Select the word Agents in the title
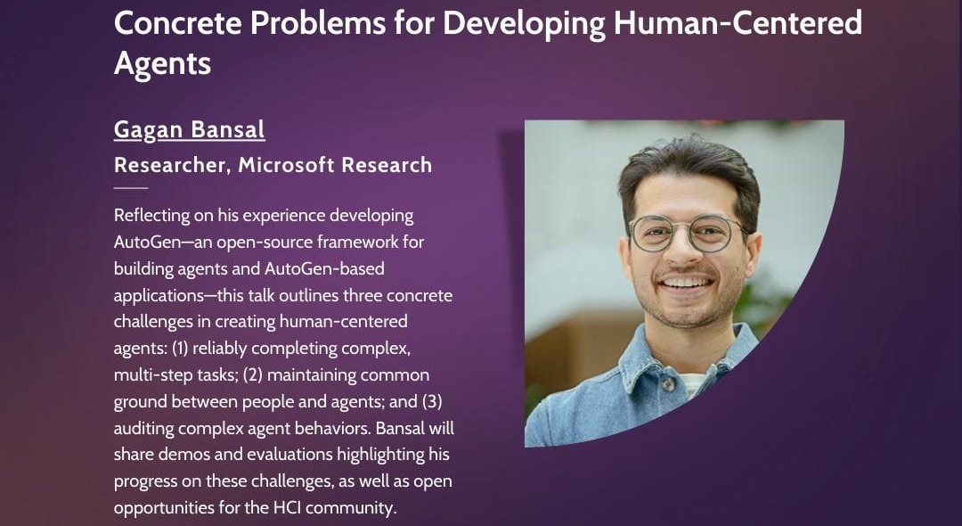click(x=162, y=63)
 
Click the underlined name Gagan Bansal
click(x=189, y=129)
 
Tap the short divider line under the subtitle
click(x=131, y=188)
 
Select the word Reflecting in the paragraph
click(x=151, y=216)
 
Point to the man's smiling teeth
click(x=686, y=282)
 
